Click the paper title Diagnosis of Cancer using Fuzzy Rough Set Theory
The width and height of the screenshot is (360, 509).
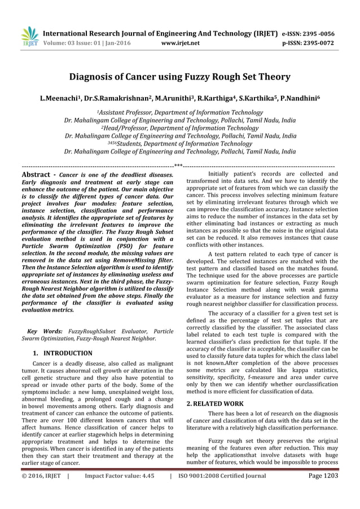[x=179, y=77]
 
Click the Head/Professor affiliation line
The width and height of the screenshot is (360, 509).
[x=180, y=128]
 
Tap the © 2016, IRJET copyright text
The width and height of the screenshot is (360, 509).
[x=41, y=492]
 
